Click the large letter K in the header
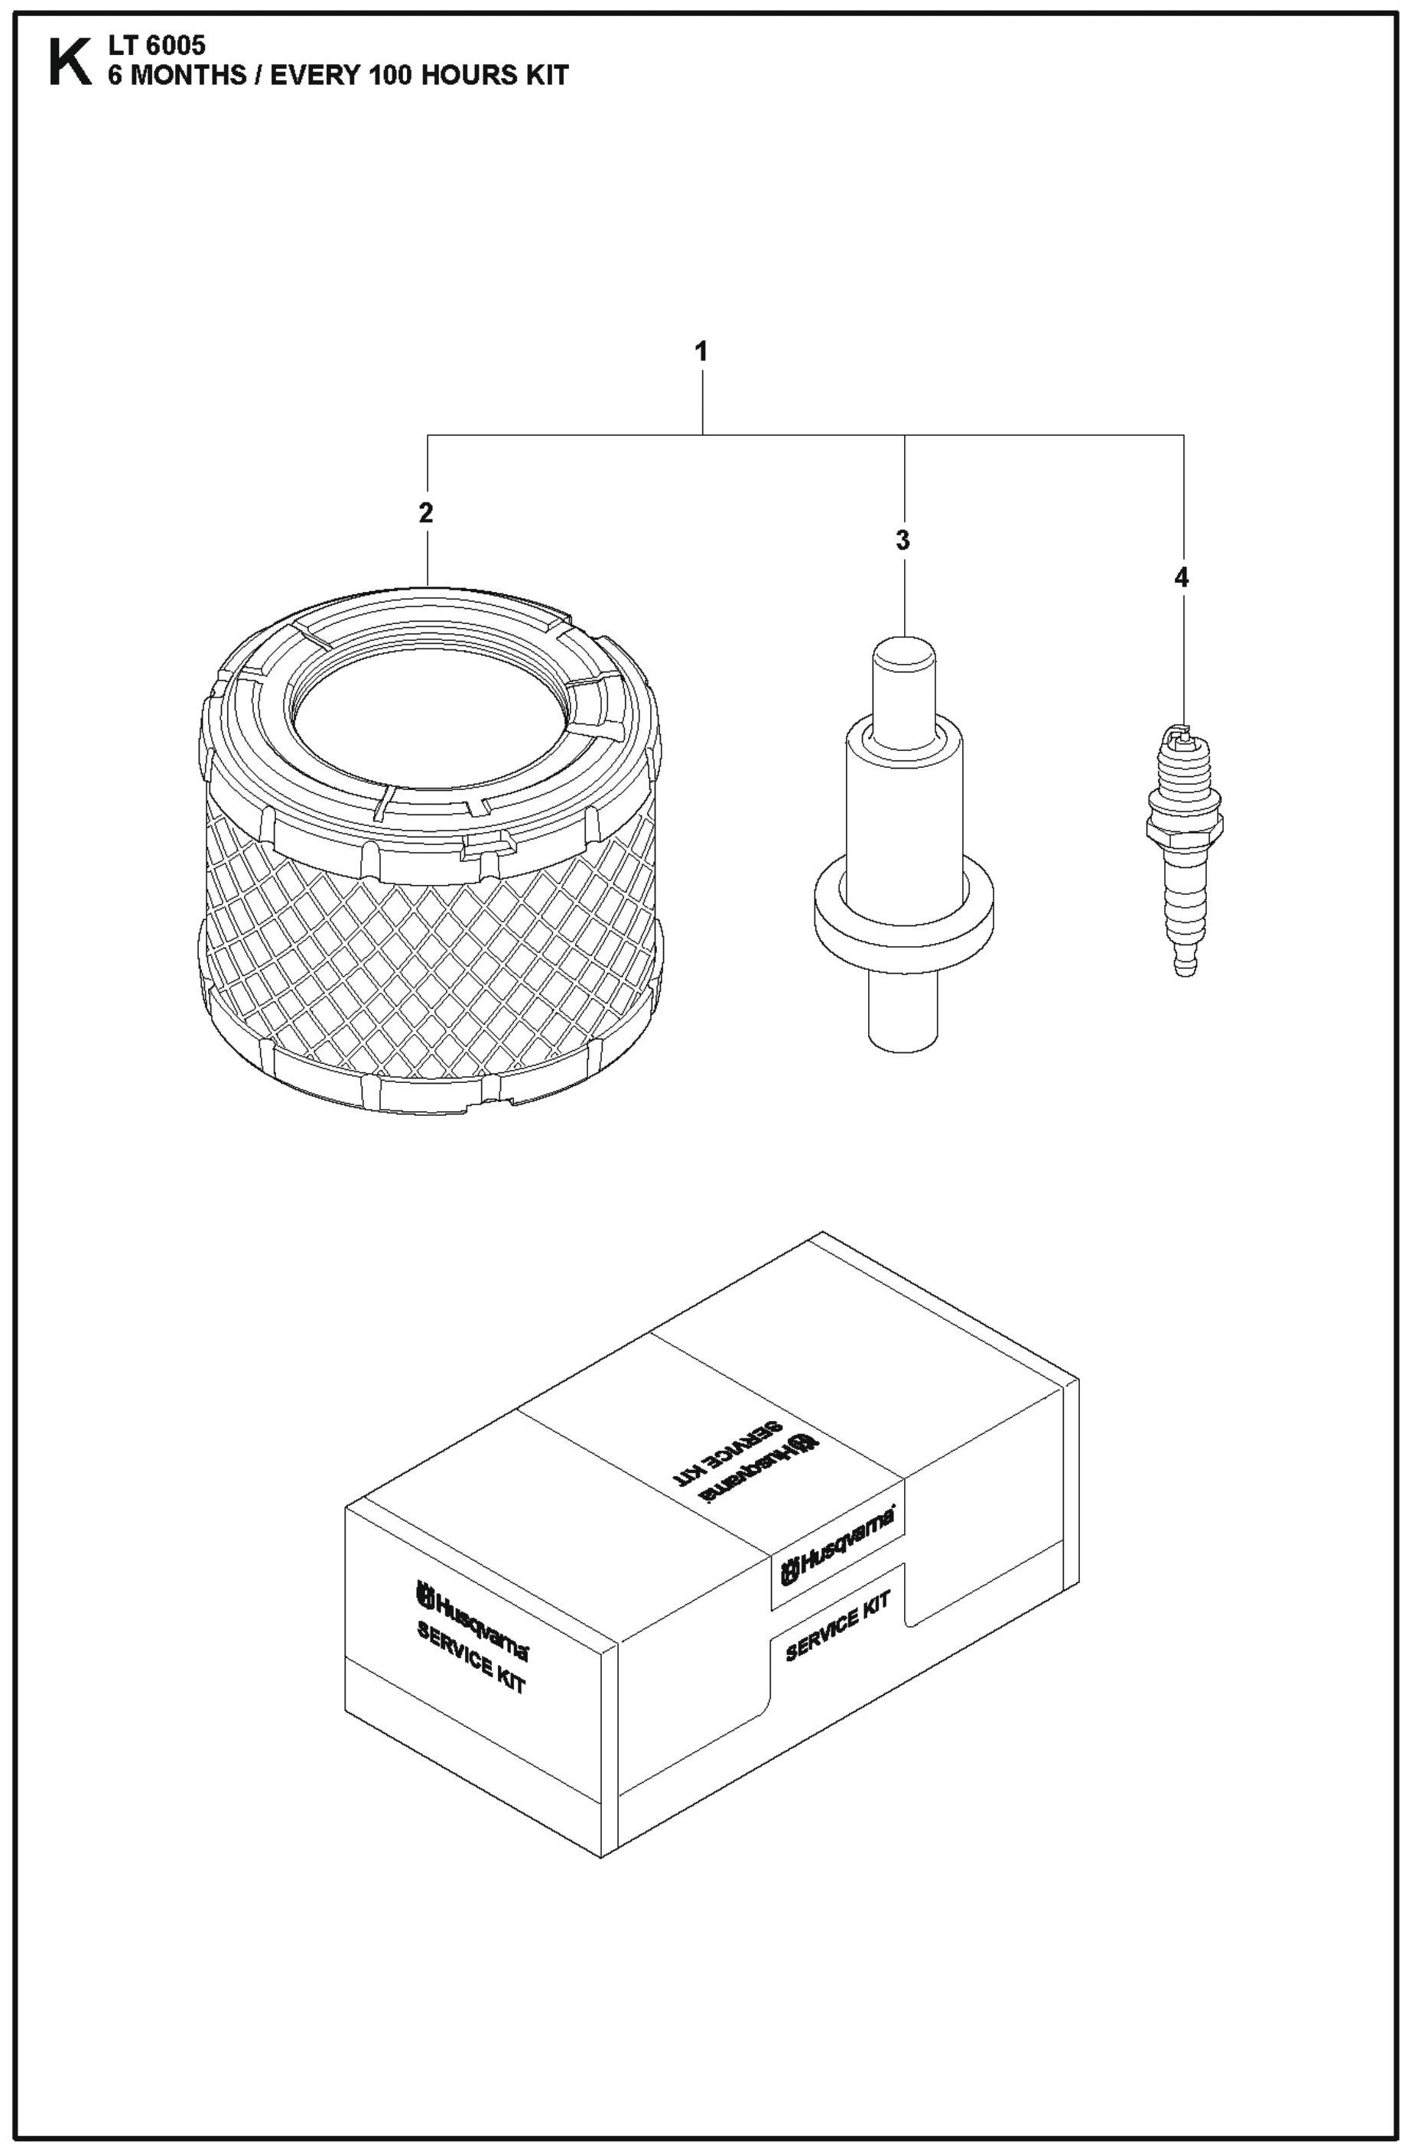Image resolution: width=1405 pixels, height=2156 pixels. click(70, 63)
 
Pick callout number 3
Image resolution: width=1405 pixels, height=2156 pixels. click(903, 541)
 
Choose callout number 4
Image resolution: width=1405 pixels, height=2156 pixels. click(1180, 577)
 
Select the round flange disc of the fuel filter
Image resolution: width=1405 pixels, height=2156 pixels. click(903, 915)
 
